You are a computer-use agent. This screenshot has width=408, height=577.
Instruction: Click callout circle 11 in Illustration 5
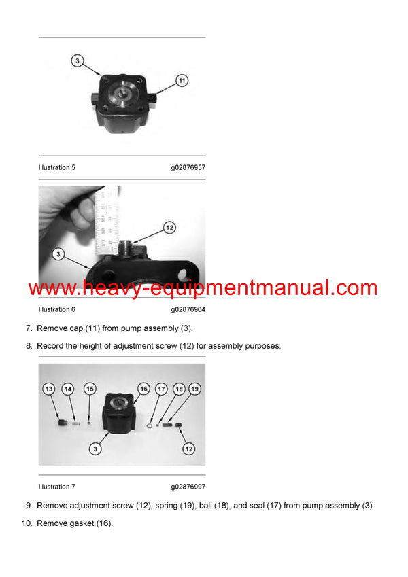click(182, 80)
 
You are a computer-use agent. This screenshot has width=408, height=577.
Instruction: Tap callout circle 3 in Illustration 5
click(78, 61)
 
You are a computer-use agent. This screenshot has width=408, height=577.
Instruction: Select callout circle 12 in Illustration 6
click(169, 228)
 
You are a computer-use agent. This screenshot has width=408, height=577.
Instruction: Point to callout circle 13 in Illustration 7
click(49, 389)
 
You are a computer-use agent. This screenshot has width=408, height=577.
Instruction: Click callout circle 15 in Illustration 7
click(90, 389)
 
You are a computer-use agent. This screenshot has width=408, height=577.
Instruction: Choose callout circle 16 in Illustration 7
click(143, 389)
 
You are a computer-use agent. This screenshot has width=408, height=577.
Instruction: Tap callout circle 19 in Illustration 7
click(194, 389)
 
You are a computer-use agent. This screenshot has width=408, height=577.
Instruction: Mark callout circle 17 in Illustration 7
click(160, 389)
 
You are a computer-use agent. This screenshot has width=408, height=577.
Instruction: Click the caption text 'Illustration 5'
click(57, 167)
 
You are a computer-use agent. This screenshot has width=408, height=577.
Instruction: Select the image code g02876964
click(188, 309)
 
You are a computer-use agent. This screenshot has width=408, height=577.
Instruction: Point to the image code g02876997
click(188, 487)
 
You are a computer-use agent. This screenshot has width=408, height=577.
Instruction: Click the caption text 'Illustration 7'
click(57, 487)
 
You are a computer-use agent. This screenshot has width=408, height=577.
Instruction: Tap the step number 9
click(29, 506)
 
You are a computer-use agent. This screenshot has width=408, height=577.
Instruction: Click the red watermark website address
click(203, 288)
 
